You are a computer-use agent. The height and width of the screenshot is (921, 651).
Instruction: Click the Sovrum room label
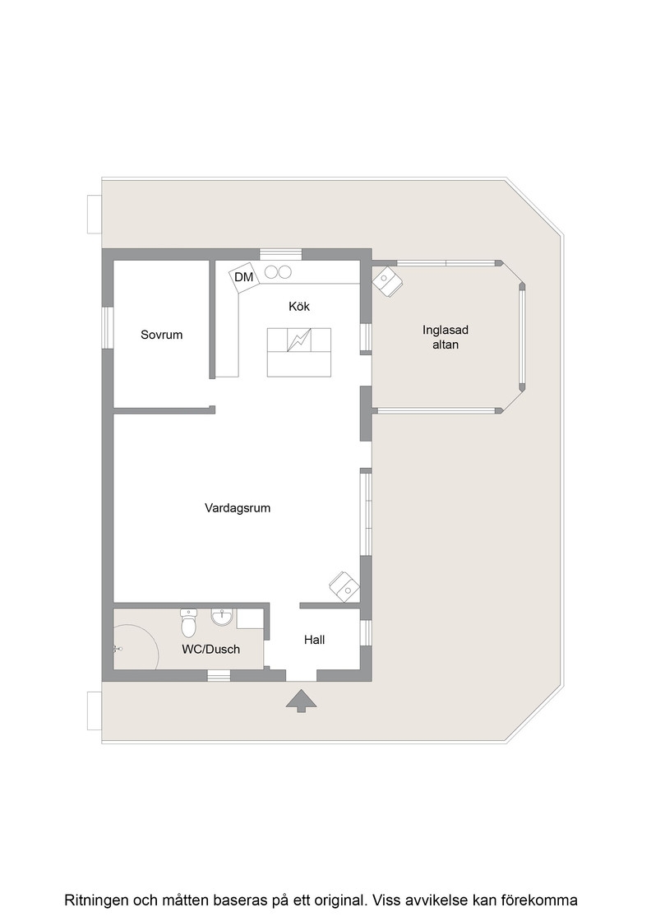161,335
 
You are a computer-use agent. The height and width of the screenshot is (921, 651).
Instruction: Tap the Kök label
299,306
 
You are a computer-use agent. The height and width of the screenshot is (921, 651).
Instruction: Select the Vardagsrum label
238,508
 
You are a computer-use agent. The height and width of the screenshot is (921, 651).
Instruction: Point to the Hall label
314,640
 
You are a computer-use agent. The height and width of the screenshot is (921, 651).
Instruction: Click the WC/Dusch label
210,649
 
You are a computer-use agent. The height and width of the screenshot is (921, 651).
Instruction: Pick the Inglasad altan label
446,337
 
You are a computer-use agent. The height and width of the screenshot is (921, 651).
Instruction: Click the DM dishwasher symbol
243,276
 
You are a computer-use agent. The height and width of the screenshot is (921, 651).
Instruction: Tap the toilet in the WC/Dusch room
189,623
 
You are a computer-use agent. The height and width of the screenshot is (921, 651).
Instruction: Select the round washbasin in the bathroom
222,618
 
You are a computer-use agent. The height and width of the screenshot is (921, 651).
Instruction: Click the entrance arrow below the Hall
301,701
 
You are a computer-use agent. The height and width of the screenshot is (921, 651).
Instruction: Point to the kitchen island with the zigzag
299,352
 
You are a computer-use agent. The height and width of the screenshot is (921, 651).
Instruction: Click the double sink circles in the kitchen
278,272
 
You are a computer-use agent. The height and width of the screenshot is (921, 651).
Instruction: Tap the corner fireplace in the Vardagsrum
344,585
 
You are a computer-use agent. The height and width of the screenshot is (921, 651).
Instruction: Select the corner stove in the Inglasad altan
387,281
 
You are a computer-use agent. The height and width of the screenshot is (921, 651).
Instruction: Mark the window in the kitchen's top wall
280,254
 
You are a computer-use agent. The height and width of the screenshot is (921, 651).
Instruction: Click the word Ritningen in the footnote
96,900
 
